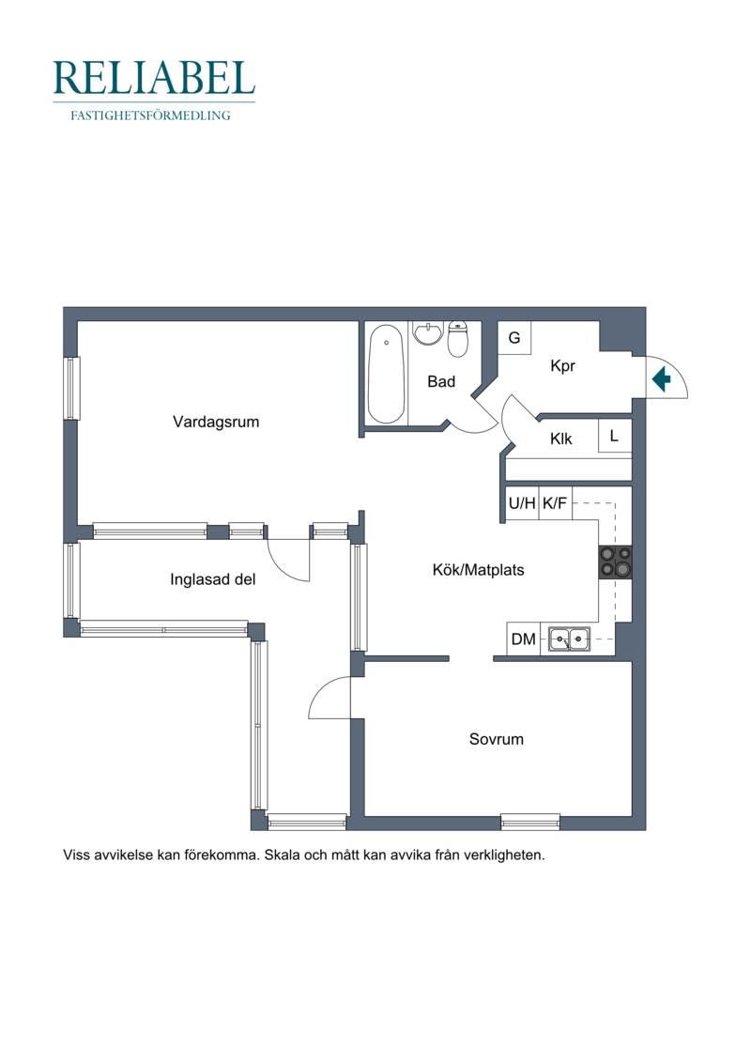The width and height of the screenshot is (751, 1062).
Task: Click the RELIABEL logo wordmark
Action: coord(154,78)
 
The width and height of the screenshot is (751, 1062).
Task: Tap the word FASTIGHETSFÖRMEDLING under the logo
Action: coord(150,115)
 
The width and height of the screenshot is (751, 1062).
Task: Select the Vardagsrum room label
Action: coord(216,422)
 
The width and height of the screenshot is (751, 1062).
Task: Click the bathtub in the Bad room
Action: coord(387,374)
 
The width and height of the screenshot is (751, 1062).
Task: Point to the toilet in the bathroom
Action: coord(458,339)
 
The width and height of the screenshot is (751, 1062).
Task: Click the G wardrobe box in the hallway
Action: coord(514,337)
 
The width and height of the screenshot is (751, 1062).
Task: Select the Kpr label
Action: coord(562,366)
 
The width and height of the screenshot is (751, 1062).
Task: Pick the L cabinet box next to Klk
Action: coord(615,437)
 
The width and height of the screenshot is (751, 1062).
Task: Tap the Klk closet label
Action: coord(560,439)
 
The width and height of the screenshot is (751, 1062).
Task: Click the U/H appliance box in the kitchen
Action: coord(522,503)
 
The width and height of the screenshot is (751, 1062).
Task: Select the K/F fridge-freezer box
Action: coord(556,503)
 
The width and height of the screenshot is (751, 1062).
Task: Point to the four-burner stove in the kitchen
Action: coord(615,562)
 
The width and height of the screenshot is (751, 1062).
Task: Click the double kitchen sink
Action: coord(569,639)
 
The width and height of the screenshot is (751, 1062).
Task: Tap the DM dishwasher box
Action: coord(524,639)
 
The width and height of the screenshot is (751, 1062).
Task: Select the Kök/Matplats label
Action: coord(478,570)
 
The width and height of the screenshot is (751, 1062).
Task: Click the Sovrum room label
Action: coord(497,739)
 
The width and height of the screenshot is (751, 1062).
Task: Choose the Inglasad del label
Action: coord(213,579)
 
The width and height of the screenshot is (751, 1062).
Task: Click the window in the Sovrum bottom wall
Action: coord(530,822)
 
